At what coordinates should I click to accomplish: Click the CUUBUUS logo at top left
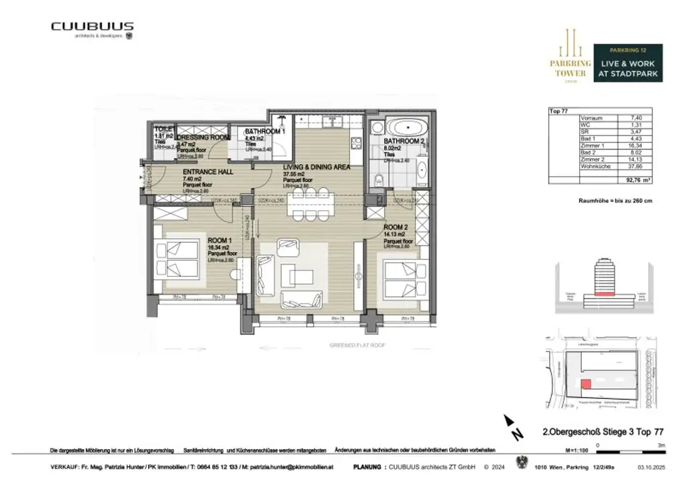pos(92,27)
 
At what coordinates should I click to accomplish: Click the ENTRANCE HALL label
pos(208,171)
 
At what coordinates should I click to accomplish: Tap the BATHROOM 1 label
pos(265,131)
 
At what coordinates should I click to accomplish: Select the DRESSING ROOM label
pos(202,137)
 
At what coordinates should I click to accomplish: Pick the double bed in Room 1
pos(178,260)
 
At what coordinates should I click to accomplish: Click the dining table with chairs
pos(311,203)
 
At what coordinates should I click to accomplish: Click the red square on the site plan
pos(585,384)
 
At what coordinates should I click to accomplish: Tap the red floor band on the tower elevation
pos(604,292)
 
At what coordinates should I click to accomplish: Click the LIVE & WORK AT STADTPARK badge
pos(628,63)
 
